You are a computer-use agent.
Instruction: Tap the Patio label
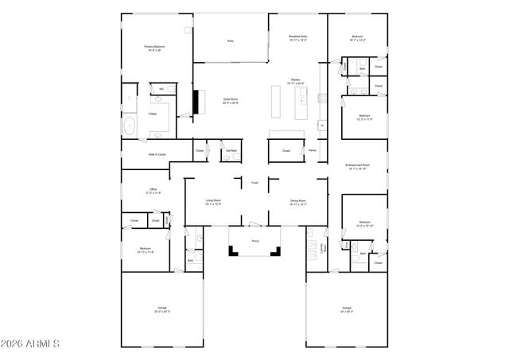(x=231, y=41)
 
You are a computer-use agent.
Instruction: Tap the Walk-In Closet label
(x=157, y=154)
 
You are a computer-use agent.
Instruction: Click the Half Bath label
(x=231, y=151)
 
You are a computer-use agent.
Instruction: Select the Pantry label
(x=313, y=150)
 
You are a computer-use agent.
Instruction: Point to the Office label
(x=153, y=191)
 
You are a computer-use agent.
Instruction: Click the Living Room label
(x=213, y=202)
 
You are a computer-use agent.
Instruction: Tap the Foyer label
(x=255, y=184)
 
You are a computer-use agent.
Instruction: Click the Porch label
(x=255, y=240)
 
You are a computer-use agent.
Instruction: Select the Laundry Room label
(x=323, y=248)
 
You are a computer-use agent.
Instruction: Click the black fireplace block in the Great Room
(x=196, y=101)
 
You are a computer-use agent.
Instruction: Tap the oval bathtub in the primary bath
(x=130, y=126)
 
